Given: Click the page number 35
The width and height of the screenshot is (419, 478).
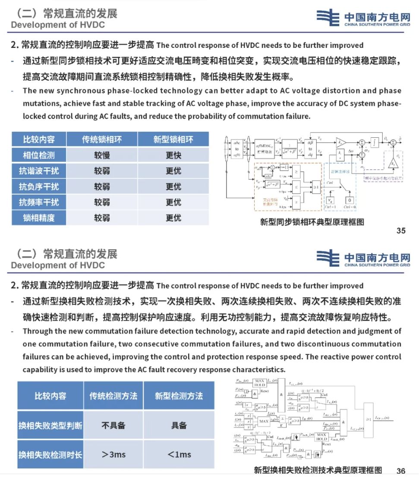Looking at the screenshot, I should [x=401, y=231].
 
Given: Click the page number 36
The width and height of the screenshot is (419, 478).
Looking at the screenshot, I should [x=401, y=471].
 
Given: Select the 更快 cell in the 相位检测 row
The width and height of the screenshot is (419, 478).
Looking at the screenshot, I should [x=173, y=155].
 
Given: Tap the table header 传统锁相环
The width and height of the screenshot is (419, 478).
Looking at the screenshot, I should [x=102, y=139].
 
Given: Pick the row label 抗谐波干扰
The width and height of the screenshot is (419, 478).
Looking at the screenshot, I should [x=39, y=171].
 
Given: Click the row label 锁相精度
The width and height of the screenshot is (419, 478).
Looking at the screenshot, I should [x=39, y=218].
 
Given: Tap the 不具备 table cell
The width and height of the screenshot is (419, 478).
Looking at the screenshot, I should [x=113, y=425].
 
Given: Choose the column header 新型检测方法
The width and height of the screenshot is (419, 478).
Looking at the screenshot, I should [x=179, y=396].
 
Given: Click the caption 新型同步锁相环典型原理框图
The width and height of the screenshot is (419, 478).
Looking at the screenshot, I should [x=312, y=222].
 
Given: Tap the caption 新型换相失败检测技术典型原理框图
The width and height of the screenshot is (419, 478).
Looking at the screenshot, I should [x=318, y=470].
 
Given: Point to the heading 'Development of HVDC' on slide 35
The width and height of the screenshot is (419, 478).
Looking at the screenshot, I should [x=58, y=25].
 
